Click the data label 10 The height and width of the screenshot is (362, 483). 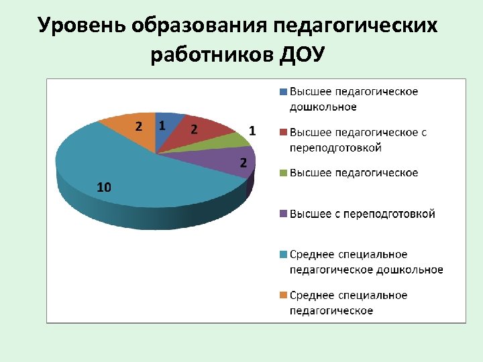pyautogui.click(x=104, y=188)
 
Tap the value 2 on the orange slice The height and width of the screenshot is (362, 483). pyautogui.click(x=139, y=126)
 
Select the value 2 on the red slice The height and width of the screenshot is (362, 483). pyautogui.click(x=194, y=129)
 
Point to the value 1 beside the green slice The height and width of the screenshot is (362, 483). pyautogui.click(x=252, y=131)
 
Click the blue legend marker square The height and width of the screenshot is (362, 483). pyautogui.click(x=284, y=91)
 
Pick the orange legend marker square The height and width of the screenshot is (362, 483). pyautogui.click(x=284, y=295)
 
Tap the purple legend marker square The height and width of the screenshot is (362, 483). pyautogui.click(x=284, y=214)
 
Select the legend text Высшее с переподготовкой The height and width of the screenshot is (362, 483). pyautogui.click(x=362, y=214)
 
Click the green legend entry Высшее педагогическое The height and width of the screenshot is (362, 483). pyautogui.click(x=354, y=173)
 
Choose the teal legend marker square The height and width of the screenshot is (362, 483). pyautogui.click(x=284, y=254)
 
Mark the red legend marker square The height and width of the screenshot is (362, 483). pyautogui.click(x=284, y=132)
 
